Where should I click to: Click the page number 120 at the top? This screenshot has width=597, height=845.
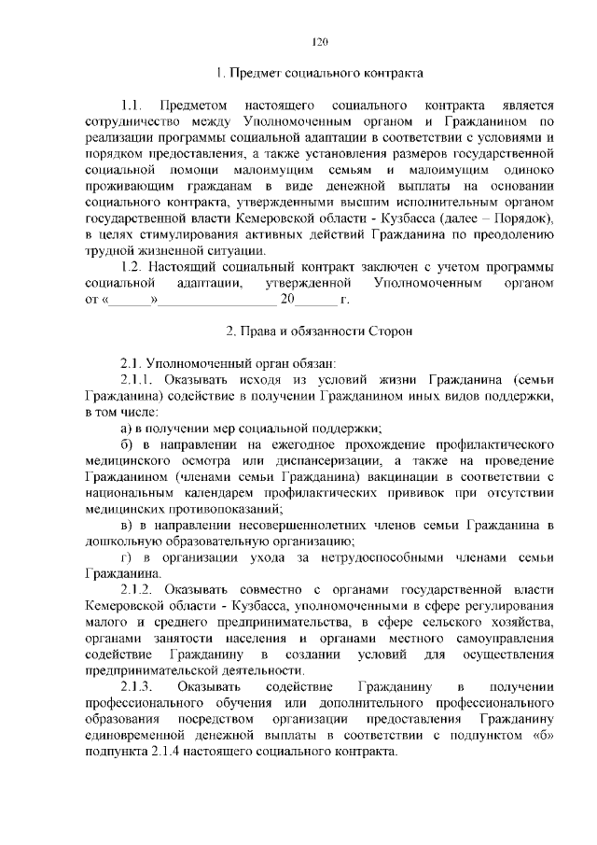[x=319, y=41]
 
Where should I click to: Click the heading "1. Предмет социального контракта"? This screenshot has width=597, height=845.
[x=319, y=72]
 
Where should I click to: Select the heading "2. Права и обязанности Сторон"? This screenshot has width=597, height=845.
[x=319, y=331]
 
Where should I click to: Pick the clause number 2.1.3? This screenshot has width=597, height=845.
[x=138, y=688]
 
